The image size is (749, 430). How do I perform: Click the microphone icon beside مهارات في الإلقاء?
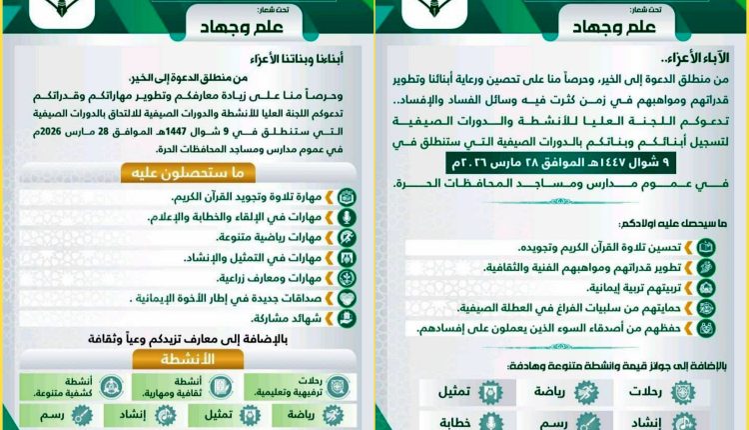point(347,216)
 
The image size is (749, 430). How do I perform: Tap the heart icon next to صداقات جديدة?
point(347,299)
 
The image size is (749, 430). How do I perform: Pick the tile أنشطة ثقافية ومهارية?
point(190,385)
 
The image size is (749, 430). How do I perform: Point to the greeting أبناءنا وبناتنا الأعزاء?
point(292,55)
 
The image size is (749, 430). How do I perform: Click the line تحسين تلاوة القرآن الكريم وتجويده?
point(599,247)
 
